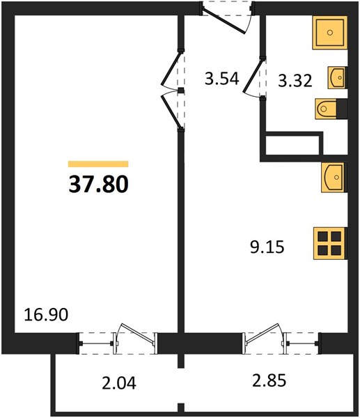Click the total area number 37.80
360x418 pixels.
pyautogui.click(x=99, y=185)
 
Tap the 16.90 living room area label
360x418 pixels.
pyautogui.click(x=46, y=314)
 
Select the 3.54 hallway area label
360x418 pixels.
pyautogui.click(x=221, y=79)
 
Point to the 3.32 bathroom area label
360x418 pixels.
pyautogui.click(x=295, y=81)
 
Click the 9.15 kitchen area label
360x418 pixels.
pyautogui.click(x=267, y=247)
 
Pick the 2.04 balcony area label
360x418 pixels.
pyautogui.click(x=119, y=382)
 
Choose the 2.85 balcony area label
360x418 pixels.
pyautogui.click(x=269, y=380)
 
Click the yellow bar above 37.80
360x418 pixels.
pyautogui.click(x=98, y=164)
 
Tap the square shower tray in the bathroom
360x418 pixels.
pyautogui.click(x=330, y=33)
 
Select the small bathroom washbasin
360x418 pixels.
pyautogui.click(x=337, y=77)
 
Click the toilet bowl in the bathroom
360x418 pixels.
pyautogui.click(x=326, y=109)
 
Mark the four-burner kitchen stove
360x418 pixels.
pyautogui.click(x=330, y=243)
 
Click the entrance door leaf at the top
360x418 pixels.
pyautogui.click(x=224, y=20)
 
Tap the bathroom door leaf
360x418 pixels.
pyautogui.click(x=253, y=76)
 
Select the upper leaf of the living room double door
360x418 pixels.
pyautogui.click(x=171, y=69)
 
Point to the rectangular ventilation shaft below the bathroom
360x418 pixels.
pyautogui.click(x=292, y=145)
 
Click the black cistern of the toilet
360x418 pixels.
pyautogui.click(x=342, y=109)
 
